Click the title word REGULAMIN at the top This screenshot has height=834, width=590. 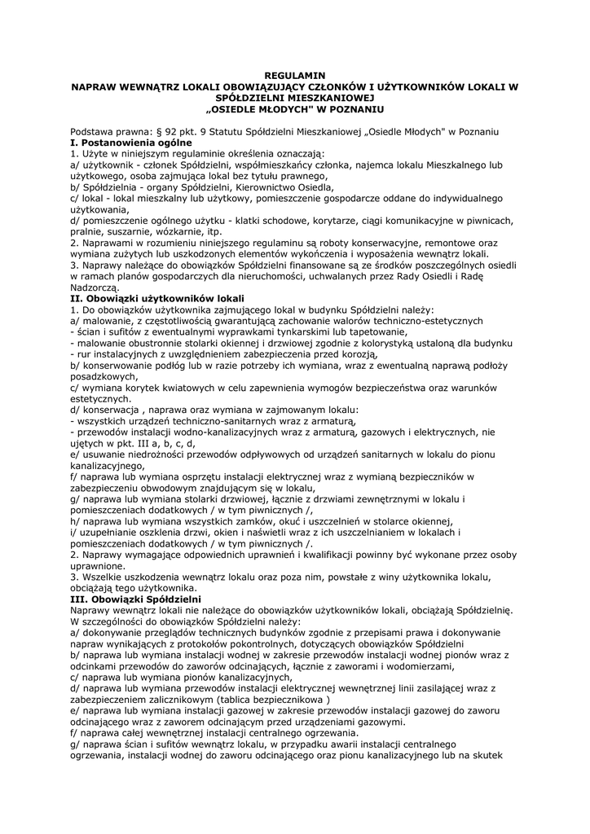(295, 75)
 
